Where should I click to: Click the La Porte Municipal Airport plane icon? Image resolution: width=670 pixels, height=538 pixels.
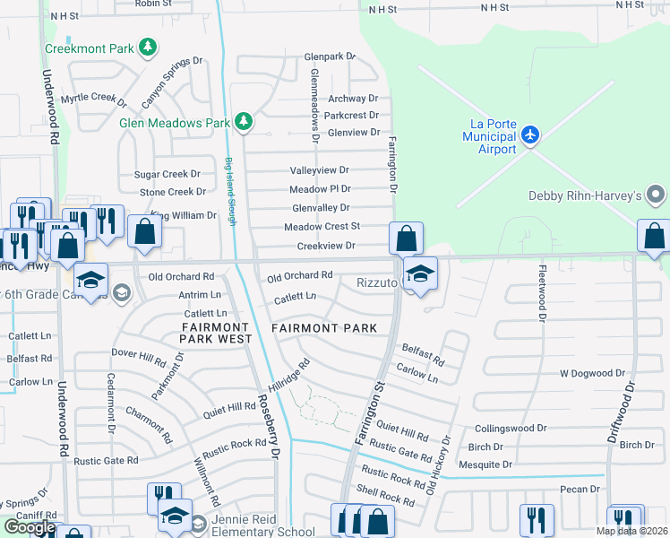click(x=531, y=134)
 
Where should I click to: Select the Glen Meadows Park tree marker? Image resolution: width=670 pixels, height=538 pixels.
click(x=242, y=121)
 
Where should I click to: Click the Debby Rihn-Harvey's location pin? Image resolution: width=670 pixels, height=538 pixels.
click(x=657, y=195)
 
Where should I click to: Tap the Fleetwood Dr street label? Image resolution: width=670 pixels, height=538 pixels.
click(x=542, y=292)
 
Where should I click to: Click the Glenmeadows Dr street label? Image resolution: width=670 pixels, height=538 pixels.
click(x=314, y=106)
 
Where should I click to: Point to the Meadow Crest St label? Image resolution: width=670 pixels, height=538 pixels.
click(x=322, y=227)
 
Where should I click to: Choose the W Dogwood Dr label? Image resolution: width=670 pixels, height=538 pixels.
click(x=591, y=373)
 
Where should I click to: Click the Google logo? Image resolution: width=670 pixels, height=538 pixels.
click(x=29, y=527)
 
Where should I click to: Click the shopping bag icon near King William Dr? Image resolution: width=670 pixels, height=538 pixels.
click(x=143, y=231)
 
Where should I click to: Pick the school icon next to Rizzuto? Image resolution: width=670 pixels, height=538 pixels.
click(x=418, y=273)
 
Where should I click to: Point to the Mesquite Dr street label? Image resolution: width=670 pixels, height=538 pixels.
click(x=485, y=464)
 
